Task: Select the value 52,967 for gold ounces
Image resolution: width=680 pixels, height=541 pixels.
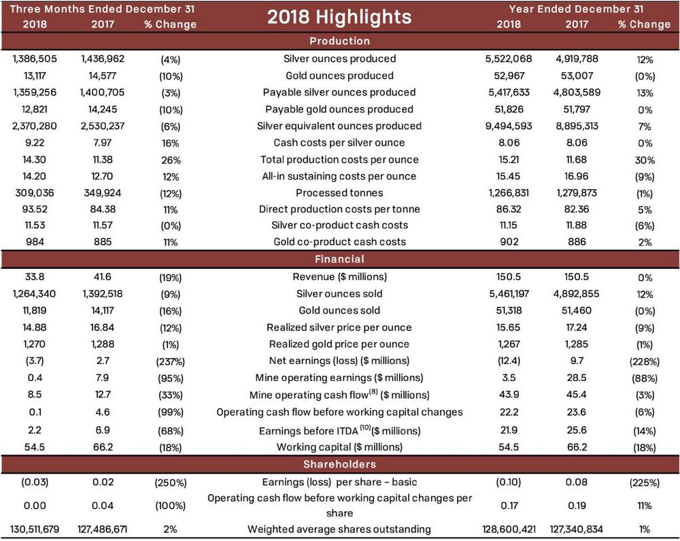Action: (510, 76)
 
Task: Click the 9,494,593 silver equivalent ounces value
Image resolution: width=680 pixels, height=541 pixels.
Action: (510, 126)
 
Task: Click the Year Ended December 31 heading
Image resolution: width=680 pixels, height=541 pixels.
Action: (577, 9)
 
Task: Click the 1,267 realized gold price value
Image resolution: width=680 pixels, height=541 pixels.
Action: (510, 344)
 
